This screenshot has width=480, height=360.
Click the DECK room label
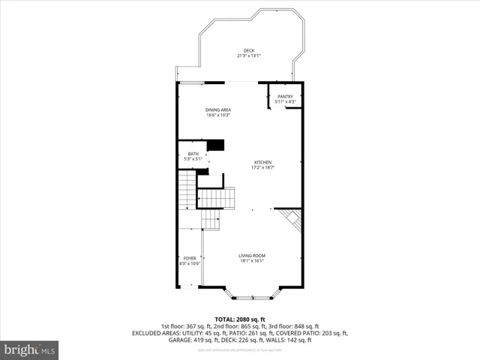248,50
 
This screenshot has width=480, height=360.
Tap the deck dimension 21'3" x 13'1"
248,55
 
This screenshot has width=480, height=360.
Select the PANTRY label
285,96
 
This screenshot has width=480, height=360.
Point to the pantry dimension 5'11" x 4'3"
285,101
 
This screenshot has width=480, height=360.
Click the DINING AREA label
218,110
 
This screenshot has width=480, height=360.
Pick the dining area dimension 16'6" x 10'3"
218,115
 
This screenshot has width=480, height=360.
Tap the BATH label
193,154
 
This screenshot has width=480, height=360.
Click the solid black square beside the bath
216,145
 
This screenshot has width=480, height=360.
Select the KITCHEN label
262,163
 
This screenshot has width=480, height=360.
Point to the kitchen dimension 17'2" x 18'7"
262,168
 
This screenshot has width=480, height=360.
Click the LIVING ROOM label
252,256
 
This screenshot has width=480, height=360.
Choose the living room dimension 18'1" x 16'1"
252,261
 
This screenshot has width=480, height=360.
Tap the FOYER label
190,258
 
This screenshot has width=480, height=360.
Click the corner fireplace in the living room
292,220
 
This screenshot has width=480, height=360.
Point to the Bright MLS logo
30,349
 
